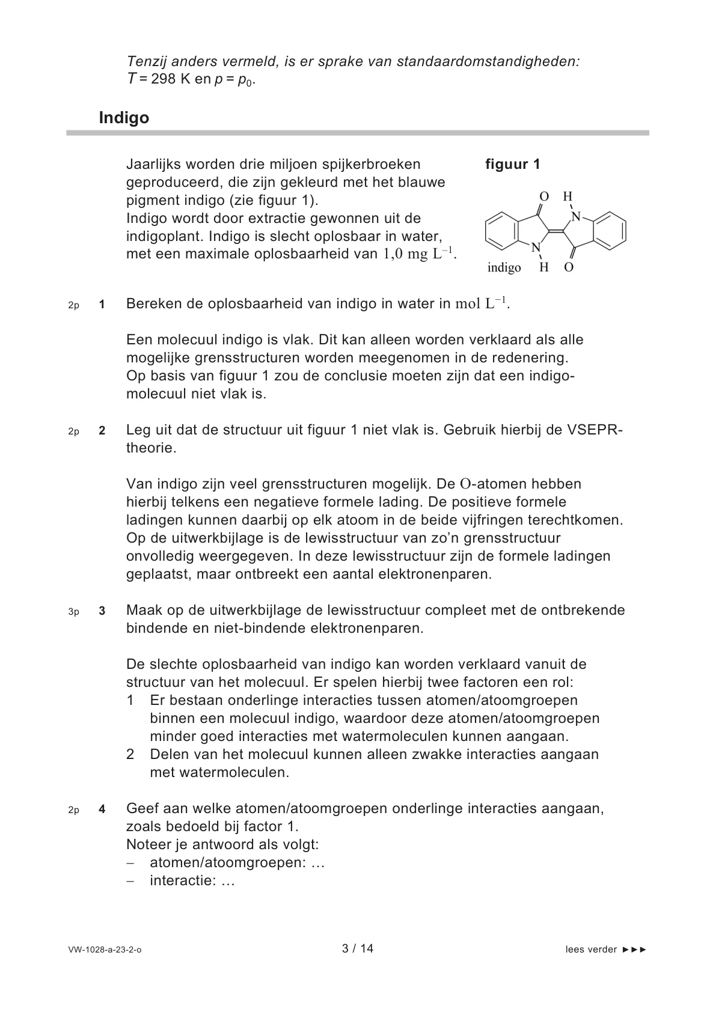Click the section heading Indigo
pyautogui.click(x=124, y=118)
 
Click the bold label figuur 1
pyautogui.click(x=513, y=165)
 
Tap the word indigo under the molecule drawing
pyautogui.click(x=504, y=267)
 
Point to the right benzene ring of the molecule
pyautogui.click(x=608, y=230)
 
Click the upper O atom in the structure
pyautogui.click(x=544, y=197)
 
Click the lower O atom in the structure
pyautogui.click(x=569, y=267)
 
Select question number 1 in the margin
pyautogui.click(x=102, y=305)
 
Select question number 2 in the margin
pyautogui.click(x=102, y=431)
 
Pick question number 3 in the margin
pyautogui.click(x=102, y=611)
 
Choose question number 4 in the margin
pyautogui.click(x=102, y=809)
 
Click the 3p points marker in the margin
pyautogui.click(x=73, y=612)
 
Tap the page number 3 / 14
pyautogui.click(x=358, y=948)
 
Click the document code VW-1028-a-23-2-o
pyautogui.click(x=105, y=950)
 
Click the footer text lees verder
pyautogui.click(x=591, y=950)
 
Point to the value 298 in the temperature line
pyautogui.click(x=164, y=79)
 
